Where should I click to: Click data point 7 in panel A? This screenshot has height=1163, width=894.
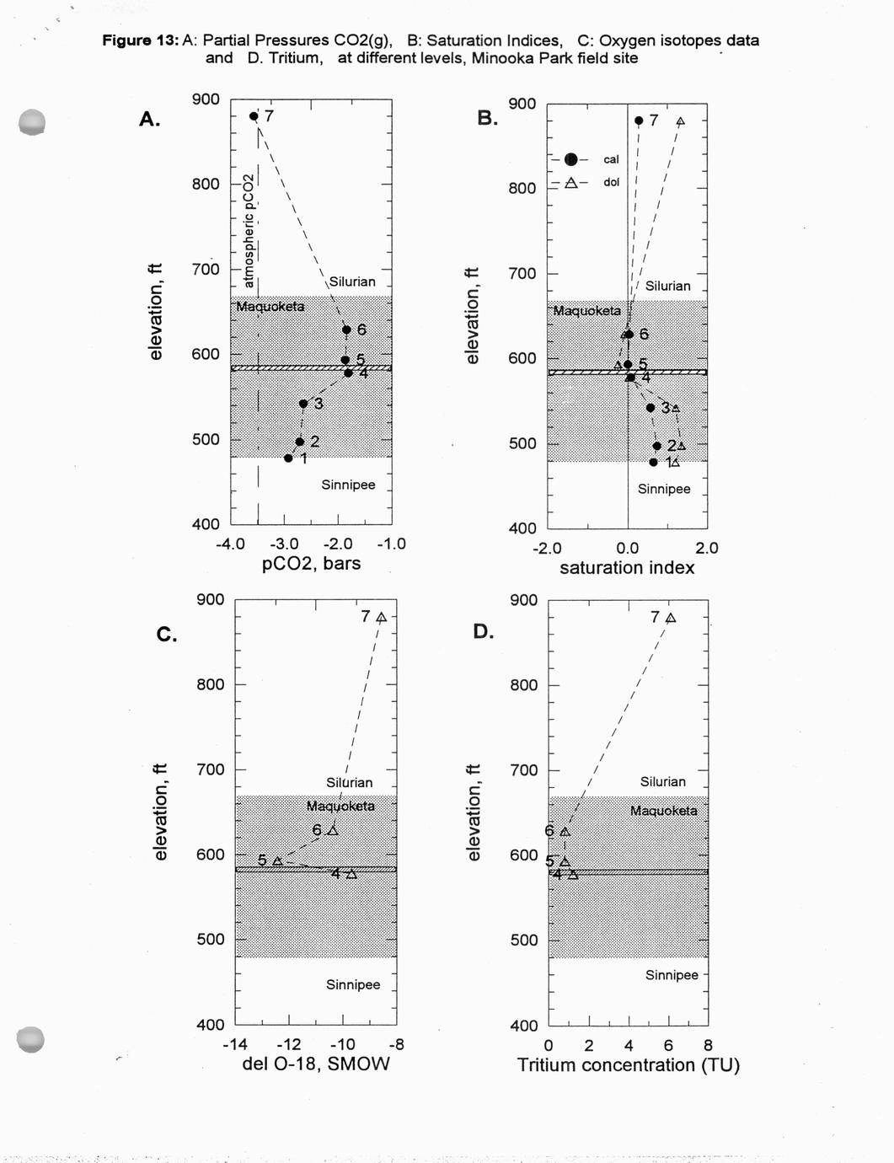[x=254, y=116]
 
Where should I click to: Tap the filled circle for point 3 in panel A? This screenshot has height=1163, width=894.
[x=303, y=404]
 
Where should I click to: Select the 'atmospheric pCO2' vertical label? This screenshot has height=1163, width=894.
[x=249, y=231]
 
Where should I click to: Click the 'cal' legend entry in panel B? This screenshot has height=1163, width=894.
[x=611, y=159]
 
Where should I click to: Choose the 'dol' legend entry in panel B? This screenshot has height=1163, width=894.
[x=611, y=182]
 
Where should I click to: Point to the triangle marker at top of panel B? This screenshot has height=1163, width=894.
[x=680, y=121]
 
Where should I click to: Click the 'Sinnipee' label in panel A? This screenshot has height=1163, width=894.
[x=348, y=485]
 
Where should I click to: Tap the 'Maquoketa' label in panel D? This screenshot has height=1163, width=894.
[x=663, y=811]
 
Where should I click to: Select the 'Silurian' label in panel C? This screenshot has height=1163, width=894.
[x=349, y=782]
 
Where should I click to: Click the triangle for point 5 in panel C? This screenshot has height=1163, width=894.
[x=277, y=860]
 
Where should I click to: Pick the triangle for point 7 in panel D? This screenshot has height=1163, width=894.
[x=671, y=618]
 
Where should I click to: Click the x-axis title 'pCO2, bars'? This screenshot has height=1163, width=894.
[x=311, y=564]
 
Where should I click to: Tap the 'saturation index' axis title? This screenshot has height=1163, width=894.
[x=627, y=568]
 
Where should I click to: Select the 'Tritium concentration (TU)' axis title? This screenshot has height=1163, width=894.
[x=628, y=1065]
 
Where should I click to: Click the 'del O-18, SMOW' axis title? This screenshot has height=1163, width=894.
[x=316, y=1064]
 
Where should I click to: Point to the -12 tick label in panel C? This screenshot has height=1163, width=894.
[x=289, y=1045]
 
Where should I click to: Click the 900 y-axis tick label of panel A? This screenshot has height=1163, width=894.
[x=206, y=99]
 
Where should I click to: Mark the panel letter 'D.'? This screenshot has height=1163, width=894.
[x=483, y=631]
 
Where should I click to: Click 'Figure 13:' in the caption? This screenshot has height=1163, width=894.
[x=140, y=40]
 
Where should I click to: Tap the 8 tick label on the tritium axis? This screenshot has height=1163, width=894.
[x=708, y=1046]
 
